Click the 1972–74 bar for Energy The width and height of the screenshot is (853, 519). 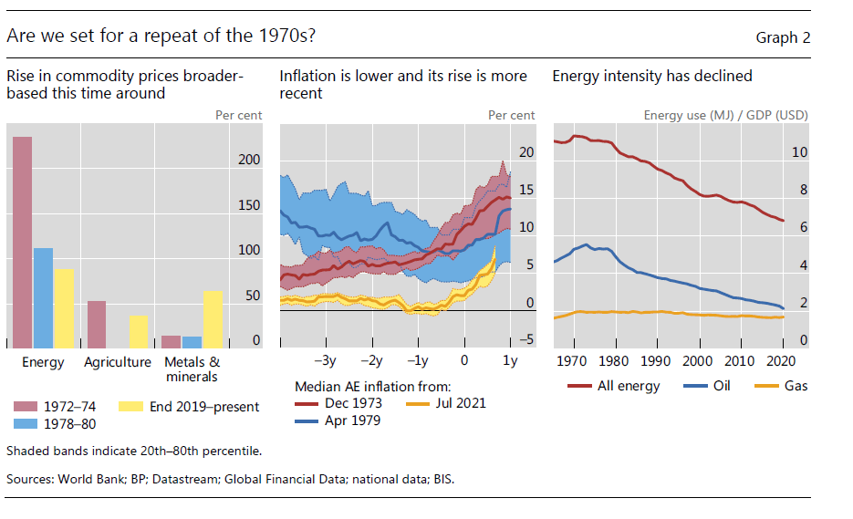point(22,242)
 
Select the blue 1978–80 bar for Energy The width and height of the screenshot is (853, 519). point(43,297)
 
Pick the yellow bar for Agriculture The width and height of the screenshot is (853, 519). point(138,331)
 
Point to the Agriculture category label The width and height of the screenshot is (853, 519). point(118,362)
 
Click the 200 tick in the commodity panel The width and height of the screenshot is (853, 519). point(249,161)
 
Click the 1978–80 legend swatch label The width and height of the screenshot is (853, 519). point(71,423)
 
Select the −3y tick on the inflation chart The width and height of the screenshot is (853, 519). point(326,360)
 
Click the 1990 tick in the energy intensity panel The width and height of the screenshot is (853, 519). point(658,360)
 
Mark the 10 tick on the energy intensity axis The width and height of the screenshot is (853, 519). point(799,152)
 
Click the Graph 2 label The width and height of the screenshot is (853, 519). point(783,37)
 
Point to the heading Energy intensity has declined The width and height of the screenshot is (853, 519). point(652,77)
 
